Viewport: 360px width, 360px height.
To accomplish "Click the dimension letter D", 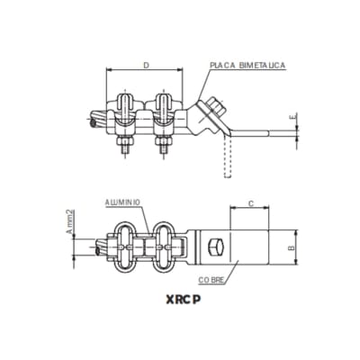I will point(146,65).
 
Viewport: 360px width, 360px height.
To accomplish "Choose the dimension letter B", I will point(289,244).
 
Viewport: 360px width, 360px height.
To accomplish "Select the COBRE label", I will point(212,281).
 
